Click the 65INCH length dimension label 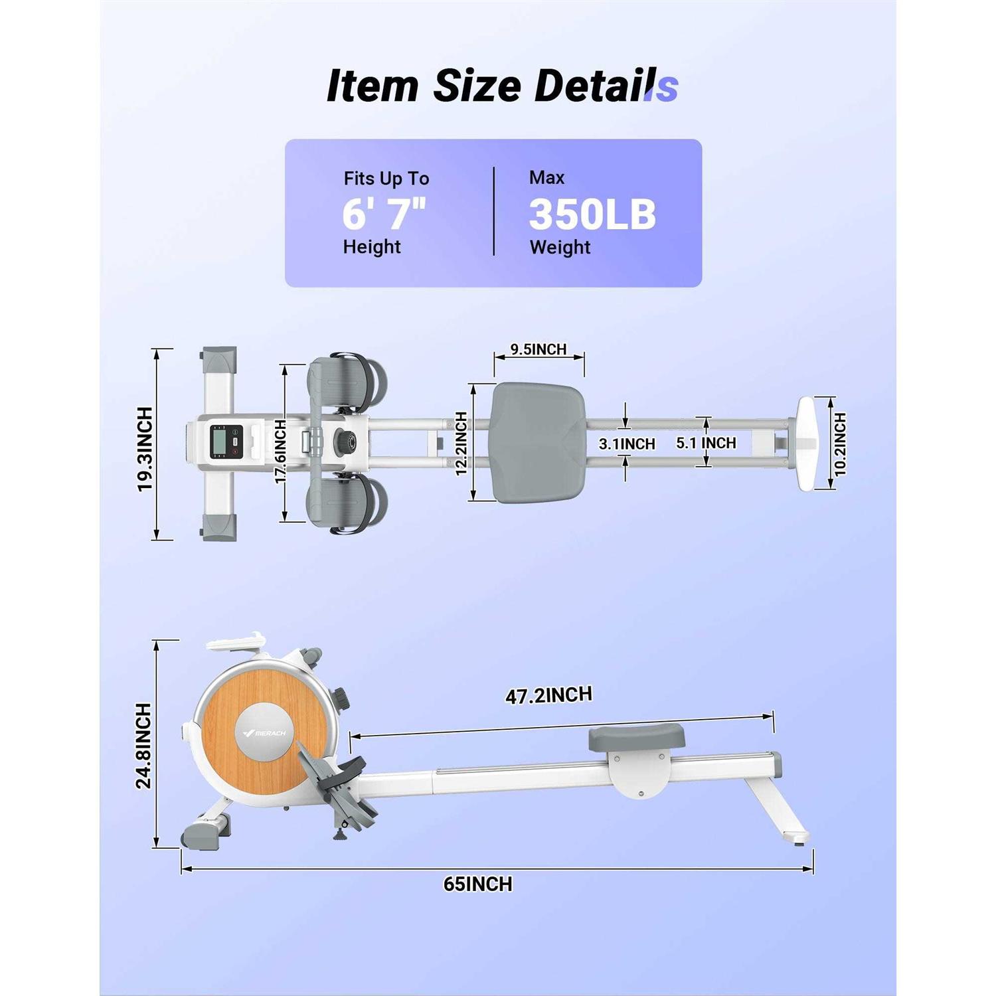click(478, 884)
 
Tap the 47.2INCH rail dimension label click(548, 695)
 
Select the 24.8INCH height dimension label click(143, 746)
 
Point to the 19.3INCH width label click(145, 450)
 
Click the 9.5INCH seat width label click(539, 349)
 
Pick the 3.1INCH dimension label click(627, 444)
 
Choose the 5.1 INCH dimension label click(706, 443)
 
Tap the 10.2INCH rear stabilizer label click(840, 444)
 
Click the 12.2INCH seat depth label click(461, 444)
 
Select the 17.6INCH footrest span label click(280, 451)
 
